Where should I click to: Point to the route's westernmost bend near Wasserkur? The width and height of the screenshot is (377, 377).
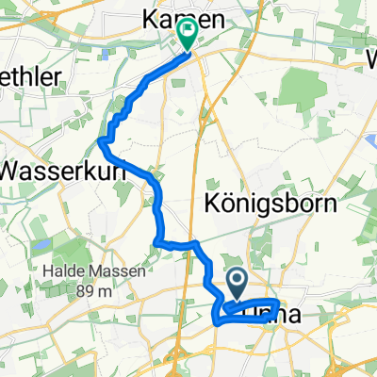[x=101, y=141]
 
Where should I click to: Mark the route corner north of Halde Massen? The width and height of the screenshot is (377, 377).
[x=154, y=243]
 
